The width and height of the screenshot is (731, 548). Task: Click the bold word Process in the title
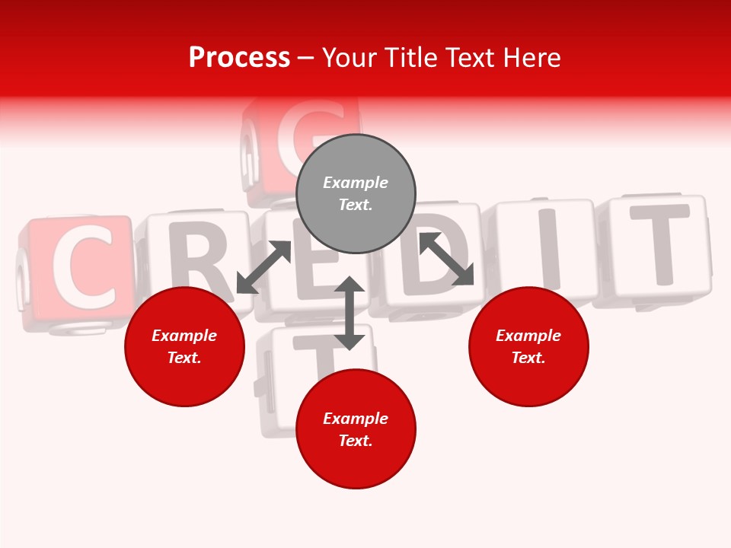239,58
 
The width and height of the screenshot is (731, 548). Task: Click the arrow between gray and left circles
263,267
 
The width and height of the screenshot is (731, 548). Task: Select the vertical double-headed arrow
350,313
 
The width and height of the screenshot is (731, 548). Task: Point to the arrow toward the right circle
446,259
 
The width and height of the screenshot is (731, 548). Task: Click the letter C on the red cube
81,269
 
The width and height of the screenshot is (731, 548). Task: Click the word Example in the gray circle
356,183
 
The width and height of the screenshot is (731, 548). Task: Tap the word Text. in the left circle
184,358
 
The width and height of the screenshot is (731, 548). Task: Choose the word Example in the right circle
528,336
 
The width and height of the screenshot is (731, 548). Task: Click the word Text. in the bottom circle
356,441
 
